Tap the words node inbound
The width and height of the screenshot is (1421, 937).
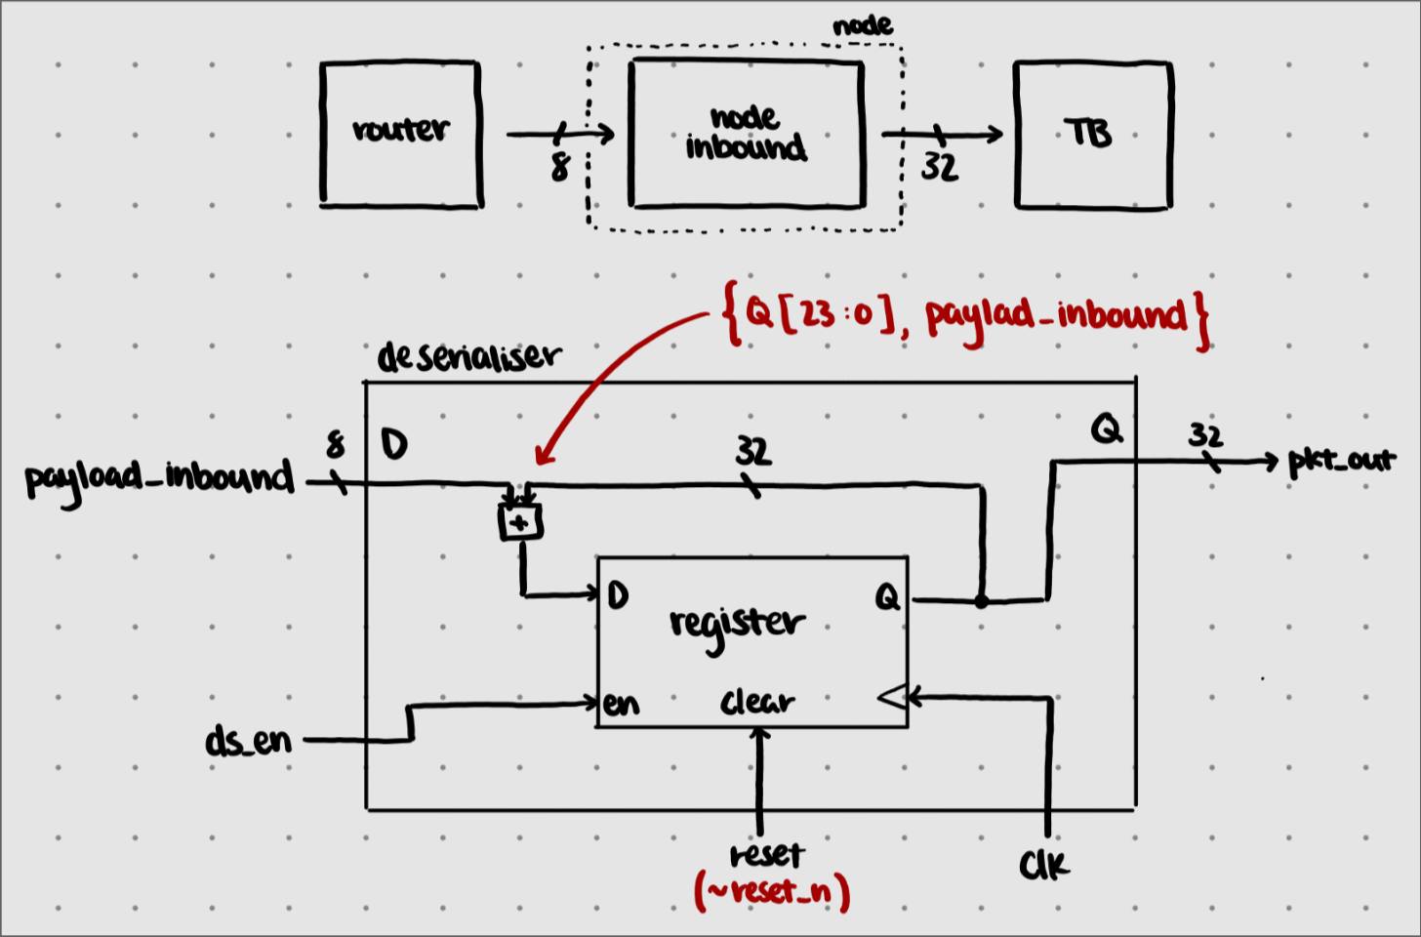[x=746, y=133]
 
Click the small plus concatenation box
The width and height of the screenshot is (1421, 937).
[x=520, y=522]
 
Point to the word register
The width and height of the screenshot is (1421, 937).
[x=737, y=627]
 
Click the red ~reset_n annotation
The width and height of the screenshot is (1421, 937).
[x=772, y=891]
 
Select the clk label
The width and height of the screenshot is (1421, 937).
[x=1043, y=864]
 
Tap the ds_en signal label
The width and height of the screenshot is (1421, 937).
[x=249, y=741]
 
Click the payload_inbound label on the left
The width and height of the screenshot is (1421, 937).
[x=160, y=481]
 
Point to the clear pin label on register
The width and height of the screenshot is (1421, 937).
[x=757, y=701]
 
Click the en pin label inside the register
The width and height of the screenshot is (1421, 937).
[x=621, y=704]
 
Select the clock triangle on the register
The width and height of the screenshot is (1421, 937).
[x=893, y=698]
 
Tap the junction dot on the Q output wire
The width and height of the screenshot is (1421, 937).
[x=982, y=601]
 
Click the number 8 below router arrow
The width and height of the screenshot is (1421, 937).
[x=559, y=167]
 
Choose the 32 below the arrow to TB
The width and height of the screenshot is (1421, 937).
[x=940, y=168]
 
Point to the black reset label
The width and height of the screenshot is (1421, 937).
[x=767, y=855]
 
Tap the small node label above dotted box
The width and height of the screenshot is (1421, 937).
[x=863, y=25]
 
